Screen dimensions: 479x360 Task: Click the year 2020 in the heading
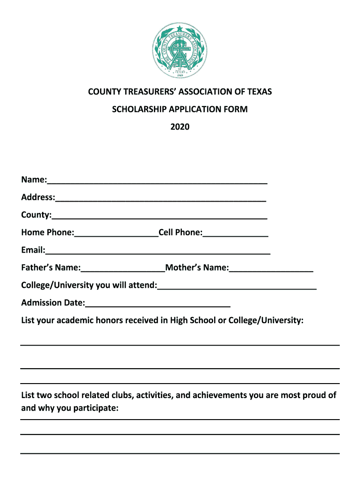[180, 127]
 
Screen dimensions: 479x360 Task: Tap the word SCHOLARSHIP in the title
[136, 109]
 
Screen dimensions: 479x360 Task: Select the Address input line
[160, 199]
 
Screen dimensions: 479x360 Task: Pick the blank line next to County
[159, 217]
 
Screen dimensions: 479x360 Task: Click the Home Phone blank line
[116, 234]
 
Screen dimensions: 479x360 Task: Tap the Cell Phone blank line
[236, 234]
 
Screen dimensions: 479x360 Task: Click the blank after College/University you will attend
[237, 287]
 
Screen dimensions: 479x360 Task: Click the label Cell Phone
[180, 232]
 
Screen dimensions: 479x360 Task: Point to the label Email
[33, 250]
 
